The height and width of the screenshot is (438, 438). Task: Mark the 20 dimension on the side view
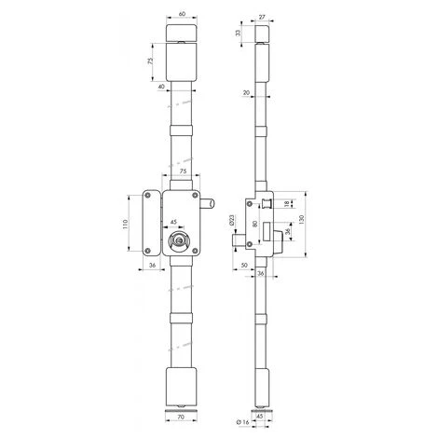pos(244,92)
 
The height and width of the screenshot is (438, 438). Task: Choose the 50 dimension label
pos(243,266)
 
